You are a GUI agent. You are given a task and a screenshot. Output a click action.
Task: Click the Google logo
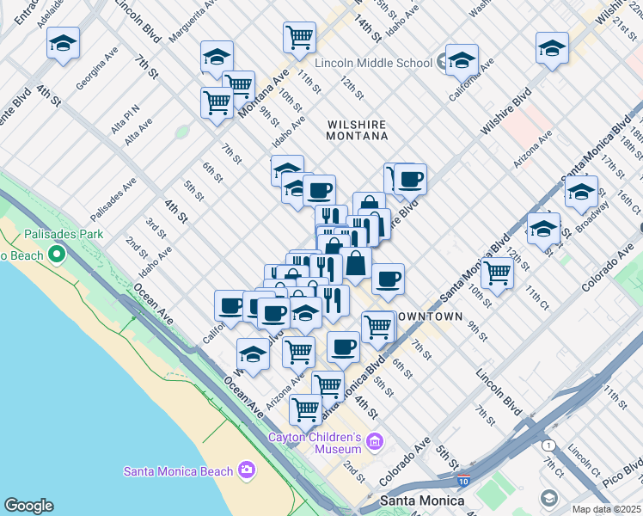coord(29,506)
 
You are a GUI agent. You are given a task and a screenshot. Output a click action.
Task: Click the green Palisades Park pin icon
coord(57,255)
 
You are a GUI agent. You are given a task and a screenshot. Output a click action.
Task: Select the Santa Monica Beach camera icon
coord(247,470)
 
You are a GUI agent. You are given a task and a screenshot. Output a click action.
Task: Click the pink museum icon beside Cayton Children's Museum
coord(374,443)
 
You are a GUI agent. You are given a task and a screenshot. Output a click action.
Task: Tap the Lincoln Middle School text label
coord(373,63)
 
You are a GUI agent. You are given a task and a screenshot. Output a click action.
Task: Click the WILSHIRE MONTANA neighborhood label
coord(358,130)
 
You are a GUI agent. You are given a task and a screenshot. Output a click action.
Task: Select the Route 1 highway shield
coord(548,445)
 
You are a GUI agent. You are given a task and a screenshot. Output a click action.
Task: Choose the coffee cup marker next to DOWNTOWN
coord(388,279)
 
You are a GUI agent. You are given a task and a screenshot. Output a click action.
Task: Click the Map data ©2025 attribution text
coord(607,509)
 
